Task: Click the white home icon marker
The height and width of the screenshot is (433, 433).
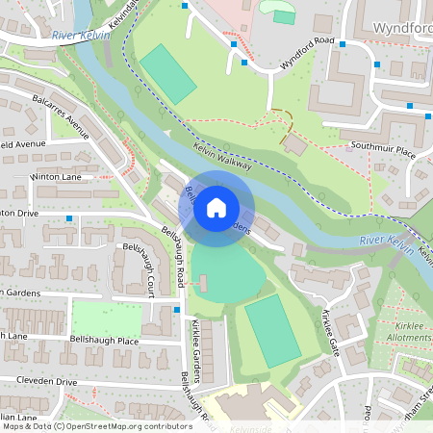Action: [x=216, y=208]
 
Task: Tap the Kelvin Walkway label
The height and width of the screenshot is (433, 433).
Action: [x=222, y=157]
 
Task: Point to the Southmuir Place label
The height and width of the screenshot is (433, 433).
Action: [x=382, y=151]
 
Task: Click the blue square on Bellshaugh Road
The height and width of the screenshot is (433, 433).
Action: [x=177, y=310]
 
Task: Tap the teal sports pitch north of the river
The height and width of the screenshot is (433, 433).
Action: [x=168, y=73]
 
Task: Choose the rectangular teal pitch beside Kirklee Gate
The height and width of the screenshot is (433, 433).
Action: [x=272, y=331]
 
